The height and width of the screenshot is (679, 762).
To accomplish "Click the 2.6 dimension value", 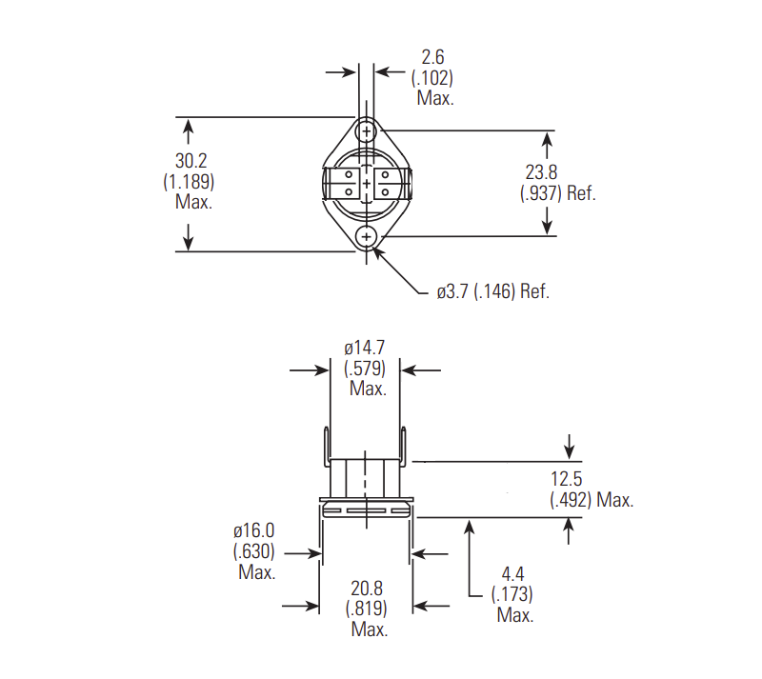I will (433, 58).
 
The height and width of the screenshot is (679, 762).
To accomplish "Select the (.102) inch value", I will (432, 77).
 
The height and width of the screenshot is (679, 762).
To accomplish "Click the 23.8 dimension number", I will (540, 172).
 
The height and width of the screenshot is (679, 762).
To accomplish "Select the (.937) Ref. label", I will (557, 192).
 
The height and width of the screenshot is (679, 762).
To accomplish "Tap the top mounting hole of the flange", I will (367, 130).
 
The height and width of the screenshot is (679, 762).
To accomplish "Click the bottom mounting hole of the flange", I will (367, 236).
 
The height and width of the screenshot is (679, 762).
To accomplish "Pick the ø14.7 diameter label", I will (367, 348).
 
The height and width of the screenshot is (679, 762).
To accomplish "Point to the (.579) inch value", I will (366, 368).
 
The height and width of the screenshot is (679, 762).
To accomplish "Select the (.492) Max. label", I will (592, 500).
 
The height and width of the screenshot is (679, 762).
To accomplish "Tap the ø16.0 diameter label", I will (254, 529).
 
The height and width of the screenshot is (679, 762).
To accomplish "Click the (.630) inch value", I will (254, 550).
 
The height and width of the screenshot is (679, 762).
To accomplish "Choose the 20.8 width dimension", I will (367, 589).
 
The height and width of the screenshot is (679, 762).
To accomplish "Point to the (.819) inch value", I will (367, 609).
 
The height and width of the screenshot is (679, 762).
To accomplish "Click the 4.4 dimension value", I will (512, 574).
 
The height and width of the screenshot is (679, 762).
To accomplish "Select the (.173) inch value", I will (512, 595).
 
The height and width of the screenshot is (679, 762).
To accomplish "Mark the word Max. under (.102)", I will (434, 97).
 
